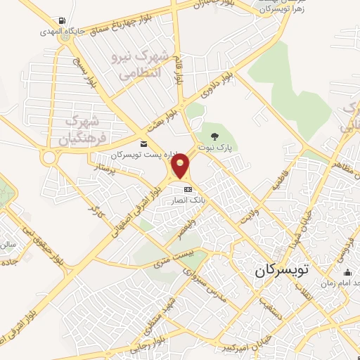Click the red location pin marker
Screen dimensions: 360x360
tap(181, 167)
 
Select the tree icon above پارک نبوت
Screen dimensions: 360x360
tap(216, 136)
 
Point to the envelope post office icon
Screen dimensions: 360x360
tap(144, 144)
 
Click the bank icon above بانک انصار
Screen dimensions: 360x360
tap(188, 190)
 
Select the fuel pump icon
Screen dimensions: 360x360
tap(65, 20)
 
